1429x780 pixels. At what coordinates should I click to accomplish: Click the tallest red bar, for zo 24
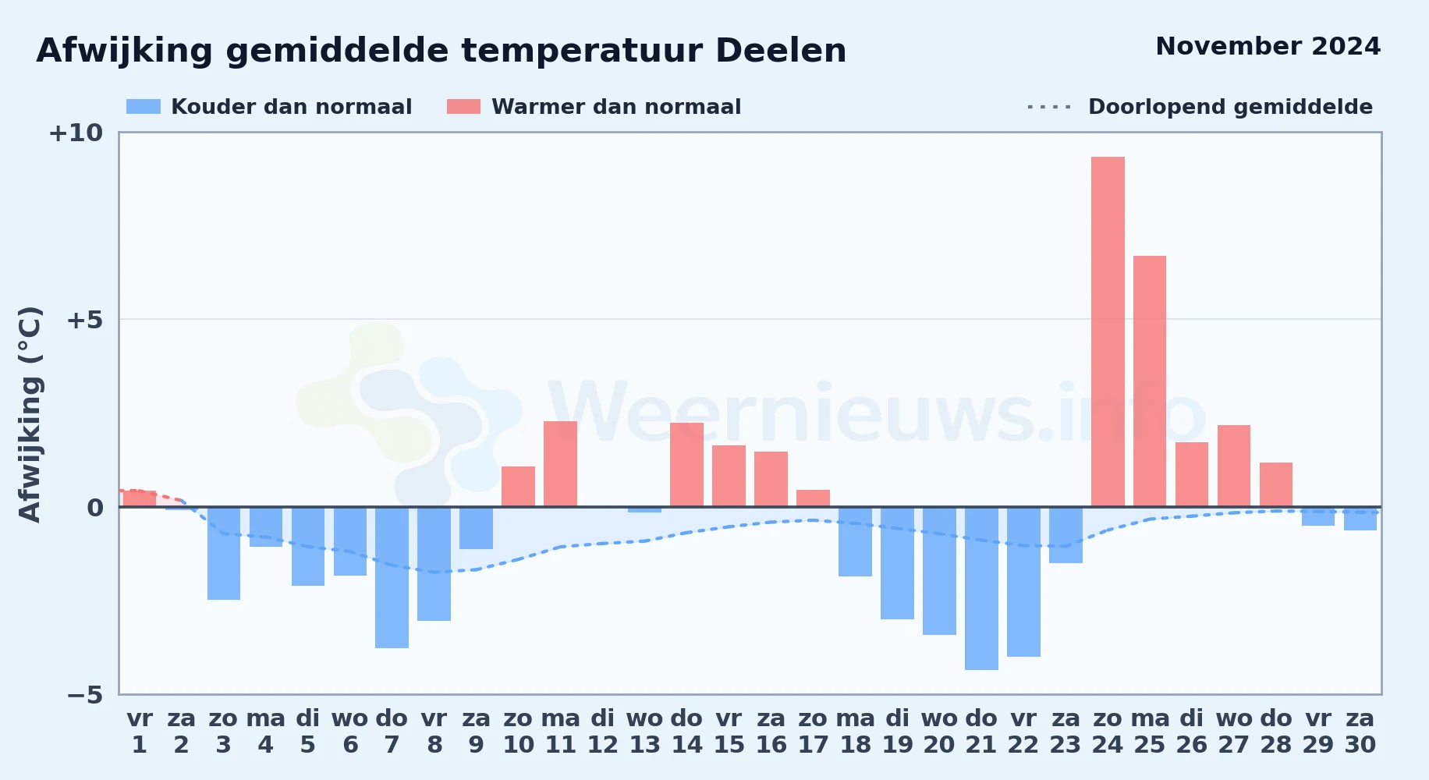(1108, 331)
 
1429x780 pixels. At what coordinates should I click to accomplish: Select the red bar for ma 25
(1150, 381)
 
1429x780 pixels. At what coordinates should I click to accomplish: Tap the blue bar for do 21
(981, 588)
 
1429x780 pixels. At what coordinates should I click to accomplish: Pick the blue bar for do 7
(392, 577)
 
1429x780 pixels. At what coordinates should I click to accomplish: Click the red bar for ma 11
(560, 464)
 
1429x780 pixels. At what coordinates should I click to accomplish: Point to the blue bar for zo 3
(224, 553)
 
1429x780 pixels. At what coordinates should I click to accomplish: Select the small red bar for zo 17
(813, 498)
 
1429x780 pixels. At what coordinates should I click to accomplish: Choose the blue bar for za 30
(1360, 519)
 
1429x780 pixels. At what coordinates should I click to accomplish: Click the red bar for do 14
(686, 465)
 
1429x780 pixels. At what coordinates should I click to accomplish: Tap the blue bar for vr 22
(1023, 582)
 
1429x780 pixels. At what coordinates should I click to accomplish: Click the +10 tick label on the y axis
(76, 133)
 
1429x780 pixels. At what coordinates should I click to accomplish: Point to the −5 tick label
(85, 695)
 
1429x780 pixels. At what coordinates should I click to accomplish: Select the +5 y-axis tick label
(84, 320)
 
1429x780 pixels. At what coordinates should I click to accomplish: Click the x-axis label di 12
(602, 732)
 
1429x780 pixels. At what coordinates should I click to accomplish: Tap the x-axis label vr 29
(1318, 732)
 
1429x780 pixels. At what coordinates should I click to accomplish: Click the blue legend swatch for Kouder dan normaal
(144, 107)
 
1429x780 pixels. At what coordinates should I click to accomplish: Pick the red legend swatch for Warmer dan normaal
(464, 107)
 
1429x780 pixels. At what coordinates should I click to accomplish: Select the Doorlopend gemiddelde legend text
(1230, 107)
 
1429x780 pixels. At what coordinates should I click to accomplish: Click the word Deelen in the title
(781, 51)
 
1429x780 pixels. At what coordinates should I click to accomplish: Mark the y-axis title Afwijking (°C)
(30, 414)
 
